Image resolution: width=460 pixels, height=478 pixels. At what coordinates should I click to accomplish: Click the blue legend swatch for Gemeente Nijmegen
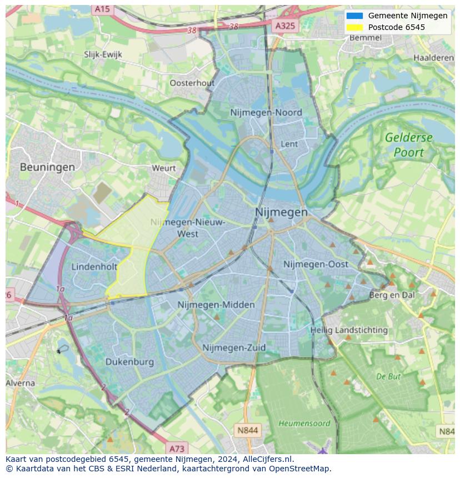coord(354,16)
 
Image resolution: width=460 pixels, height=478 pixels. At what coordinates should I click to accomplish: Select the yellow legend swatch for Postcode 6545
coord(354,27)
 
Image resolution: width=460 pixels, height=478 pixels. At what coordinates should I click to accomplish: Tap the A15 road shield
coord(102,9)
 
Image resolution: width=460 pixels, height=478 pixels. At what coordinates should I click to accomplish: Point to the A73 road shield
coord(177,448)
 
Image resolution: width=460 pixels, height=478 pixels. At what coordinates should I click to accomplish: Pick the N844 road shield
coord(247,430)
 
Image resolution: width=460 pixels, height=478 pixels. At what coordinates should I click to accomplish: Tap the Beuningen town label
coord(47,167)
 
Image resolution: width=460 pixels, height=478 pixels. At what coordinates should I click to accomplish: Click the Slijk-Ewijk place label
coord(103,54)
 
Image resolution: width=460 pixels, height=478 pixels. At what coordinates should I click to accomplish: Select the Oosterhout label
coord(192,83)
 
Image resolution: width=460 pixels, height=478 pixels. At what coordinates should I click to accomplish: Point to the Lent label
coord(289,144)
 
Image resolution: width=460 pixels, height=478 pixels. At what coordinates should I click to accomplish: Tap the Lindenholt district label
coord(94,267)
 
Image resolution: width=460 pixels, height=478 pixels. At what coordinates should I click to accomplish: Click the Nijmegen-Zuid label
coord(234,348)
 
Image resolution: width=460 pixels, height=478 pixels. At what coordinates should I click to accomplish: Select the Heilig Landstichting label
coord(349,330)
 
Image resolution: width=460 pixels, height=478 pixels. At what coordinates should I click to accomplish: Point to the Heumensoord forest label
coord(304,424)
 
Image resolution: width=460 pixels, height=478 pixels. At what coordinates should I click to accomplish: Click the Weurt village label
coord(163,168)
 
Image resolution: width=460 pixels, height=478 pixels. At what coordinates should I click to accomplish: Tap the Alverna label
coord(21,383)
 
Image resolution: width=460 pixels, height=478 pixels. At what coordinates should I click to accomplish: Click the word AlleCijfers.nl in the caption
coord(269,459)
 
